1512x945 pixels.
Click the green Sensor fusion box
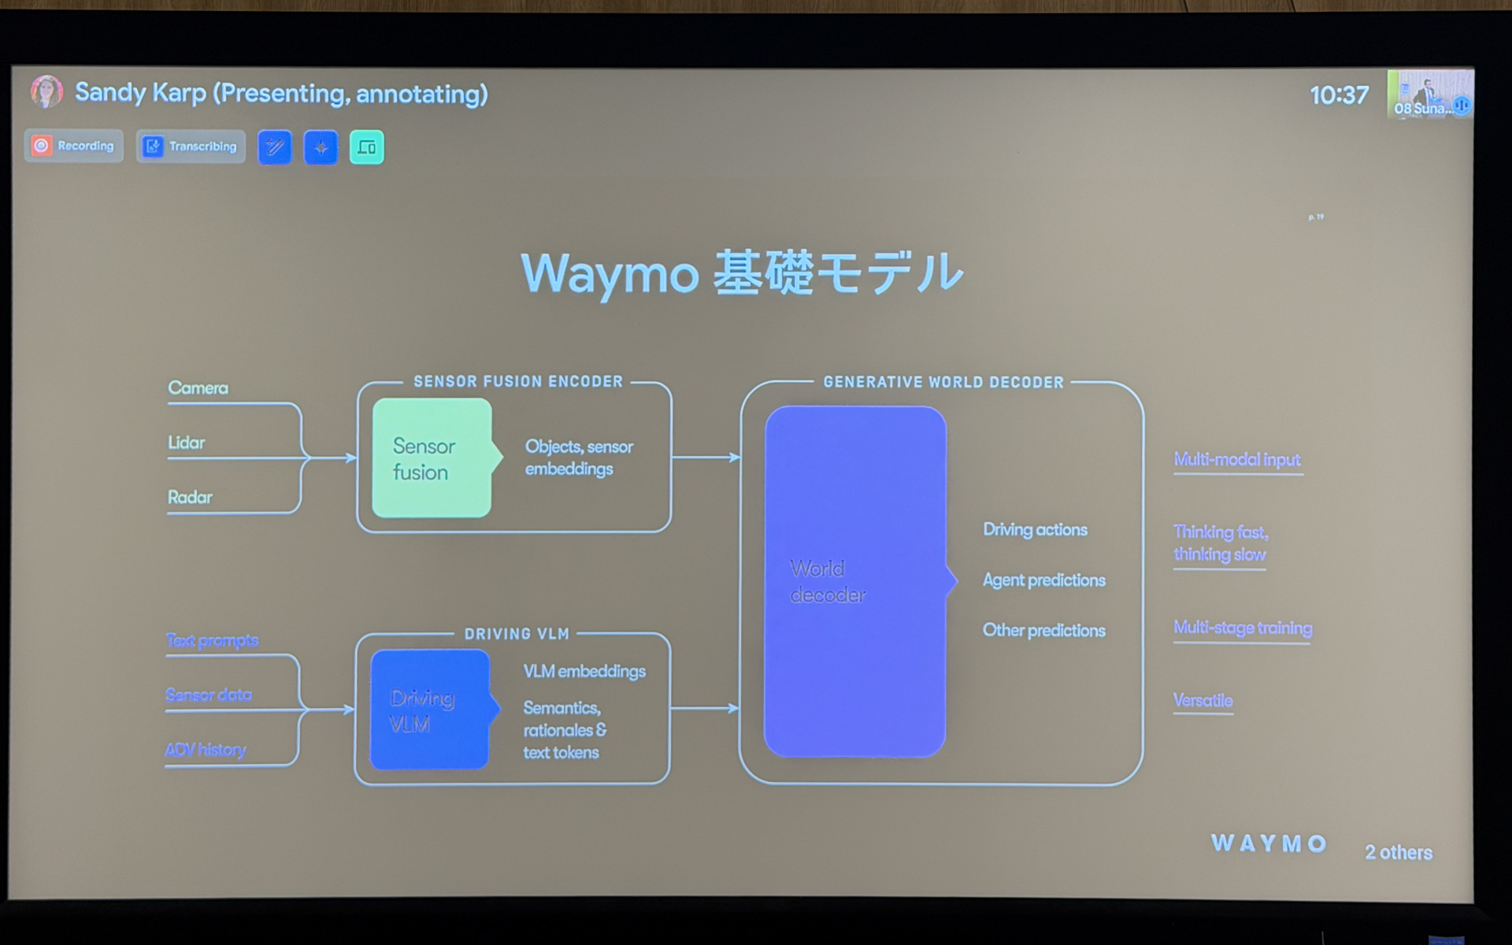coord(432,458)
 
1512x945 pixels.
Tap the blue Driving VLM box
coord(429,710)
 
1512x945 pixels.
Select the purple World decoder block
coord(855,581)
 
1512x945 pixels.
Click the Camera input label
coord(198,387)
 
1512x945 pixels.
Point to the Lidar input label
coord(187,443)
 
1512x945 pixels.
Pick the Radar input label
coord(190,497)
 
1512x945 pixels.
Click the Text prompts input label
coord(212,640)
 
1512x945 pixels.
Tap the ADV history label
coord(206,750)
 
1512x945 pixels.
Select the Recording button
coord(74,146)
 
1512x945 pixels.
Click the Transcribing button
coord(191,146)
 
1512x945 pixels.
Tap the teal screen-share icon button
coord(366,147)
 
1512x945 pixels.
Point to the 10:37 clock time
coord(1339,95)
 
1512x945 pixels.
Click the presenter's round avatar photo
coord(46,92)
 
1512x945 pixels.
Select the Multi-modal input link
coord(1236,459)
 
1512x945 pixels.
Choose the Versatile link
coord(1203,700)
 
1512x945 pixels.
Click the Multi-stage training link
coord(1243,628)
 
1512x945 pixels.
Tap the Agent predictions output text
coord(1043,580)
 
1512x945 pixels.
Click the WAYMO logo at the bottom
coord(1268,843)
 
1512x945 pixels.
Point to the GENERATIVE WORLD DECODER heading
coord(943,383)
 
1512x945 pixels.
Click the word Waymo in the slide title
coord(610,274)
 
